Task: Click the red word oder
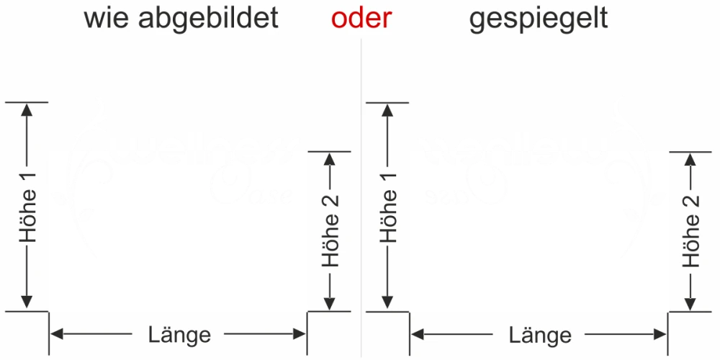tap(361, 18)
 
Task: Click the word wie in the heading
tap(106, 18)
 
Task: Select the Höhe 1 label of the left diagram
tap(28, 207)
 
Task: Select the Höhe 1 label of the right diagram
tap(390, 207)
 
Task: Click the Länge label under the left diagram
tap(179, 334)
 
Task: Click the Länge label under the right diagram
tap(540, 335)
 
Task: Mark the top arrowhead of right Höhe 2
tap(692, 159)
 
